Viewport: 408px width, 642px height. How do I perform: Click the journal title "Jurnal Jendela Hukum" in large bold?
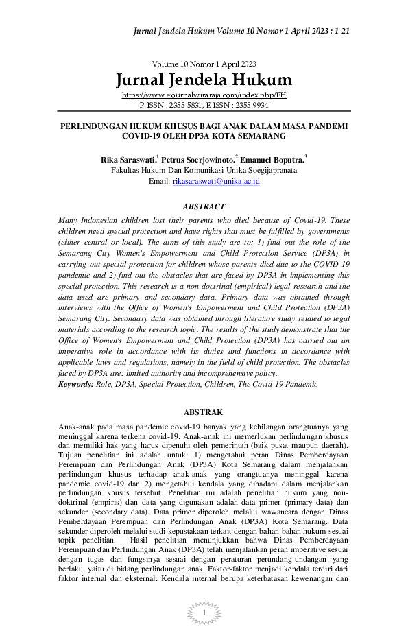pos(204,80)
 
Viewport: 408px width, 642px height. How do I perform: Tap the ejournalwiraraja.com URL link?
pos(204,95)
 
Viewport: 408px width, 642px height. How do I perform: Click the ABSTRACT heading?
pos(204,206)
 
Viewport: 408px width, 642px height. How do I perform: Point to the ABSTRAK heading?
pos(204,412)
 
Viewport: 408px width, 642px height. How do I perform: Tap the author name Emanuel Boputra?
pos(273,160)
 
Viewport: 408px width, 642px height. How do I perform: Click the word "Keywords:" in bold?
pos(75,385)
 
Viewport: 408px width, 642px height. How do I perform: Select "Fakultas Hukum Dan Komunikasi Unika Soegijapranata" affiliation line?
pos(204,171)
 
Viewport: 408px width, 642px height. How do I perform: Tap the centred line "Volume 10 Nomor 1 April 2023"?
pos(204,64)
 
